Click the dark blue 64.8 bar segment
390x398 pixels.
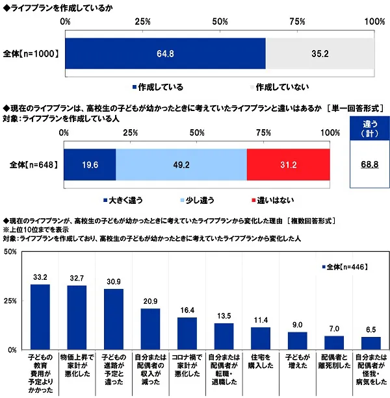click(165, 53)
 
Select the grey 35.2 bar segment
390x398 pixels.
click(320, 53)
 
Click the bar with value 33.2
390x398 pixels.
click(40, 317)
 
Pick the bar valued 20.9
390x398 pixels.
click(150, 329)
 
